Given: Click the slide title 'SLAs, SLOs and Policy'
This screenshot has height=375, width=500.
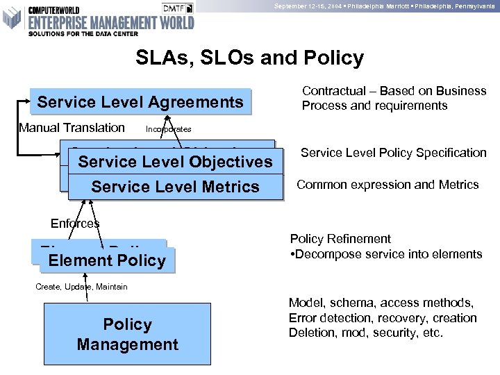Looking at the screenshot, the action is [x=250, y=58].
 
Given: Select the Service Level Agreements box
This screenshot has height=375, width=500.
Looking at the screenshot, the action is [x=140, y=102].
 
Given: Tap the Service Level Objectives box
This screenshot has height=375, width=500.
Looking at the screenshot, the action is [x=176, y=162].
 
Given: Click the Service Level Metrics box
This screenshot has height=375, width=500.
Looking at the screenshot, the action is [x=176, y=186].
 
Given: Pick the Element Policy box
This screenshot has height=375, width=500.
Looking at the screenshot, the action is [x=108, y=260].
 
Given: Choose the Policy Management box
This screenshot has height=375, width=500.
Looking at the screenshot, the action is [x=127, y=334].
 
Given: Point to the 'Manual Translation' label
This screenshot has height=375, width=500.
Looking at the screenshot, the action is [x=72, y=128].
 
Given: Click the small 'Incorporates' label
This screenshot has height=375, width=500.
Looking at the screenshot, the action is [x=169, y=129].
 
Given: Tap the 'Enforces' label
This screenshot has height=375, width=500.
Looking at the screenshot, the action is [x=75, y=224].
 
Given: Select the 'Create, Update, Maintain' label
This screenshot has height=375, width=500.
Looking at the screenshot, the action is [x=81, y=287].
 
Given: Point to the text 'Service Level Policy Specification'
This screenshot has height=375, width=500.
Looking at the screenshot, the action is [x=393, y=153].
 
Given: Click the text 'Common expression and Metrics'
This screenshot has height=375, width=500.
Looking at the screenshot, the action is [x=387, y=185].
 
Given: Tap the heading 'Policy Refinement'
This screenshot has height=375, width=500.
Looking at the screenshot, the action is [x=340, y=239].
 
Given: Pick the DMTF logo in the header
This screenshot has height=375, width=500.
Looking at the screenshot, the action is [x=178, y=8].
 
